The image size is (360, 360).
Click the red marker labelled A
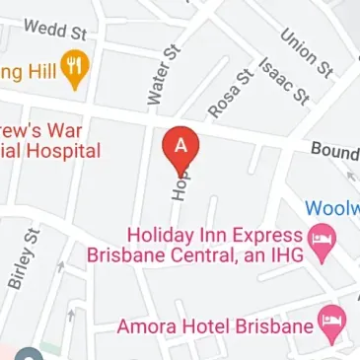[x=180, y=146]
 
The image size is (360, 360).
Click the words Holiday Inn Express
[x=211, y=236]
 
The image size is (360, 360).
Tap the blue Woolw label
[x=331, y=208]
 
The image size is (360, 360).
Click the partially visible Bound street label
[x=334, y=151]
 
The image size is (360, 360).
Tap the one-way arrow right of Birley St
[x=61, y=263]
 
